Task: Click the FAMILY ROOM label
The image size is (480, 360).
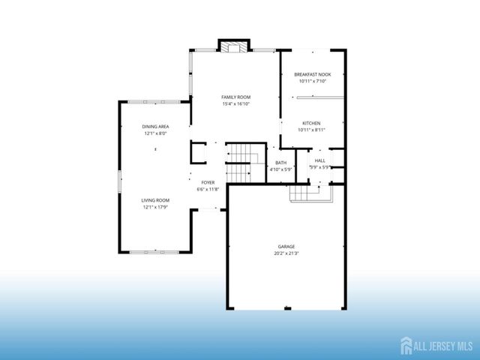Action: [x=235, y=97]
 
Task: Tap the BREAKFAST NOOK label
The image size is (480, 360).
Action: [x=312, y=75]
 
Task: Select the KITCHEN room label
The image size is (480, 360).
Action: [x=312, y=123]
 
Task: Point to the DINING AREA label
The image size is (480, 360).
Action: [x=155, y=127]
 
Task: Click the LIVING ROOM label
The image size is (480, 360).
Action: [x=155, y=200]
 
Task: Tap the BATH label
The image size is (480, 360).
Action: [x=280, y=163]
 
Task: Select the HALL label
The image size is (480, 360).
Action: [x=320, y=160]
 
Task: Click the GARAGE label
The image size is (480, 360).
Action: [x=286, y=247]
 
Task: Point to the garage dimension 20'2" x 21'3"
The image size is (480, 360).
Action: [x=286, y=253]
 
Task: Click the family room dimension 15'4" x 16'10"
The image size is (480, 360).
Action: [x=235, y=104]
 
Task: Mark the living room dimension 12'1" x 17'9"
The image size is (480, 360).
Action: [x=155, y=207]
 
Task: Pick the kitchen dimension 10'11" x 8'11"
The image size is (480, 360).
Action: [x=312, y=130]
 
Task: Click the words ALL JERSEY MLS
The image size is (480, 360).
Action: [x=442, y=346]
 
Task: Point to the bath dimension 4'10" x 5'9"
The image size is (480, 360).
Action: [x=280, y=169]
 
